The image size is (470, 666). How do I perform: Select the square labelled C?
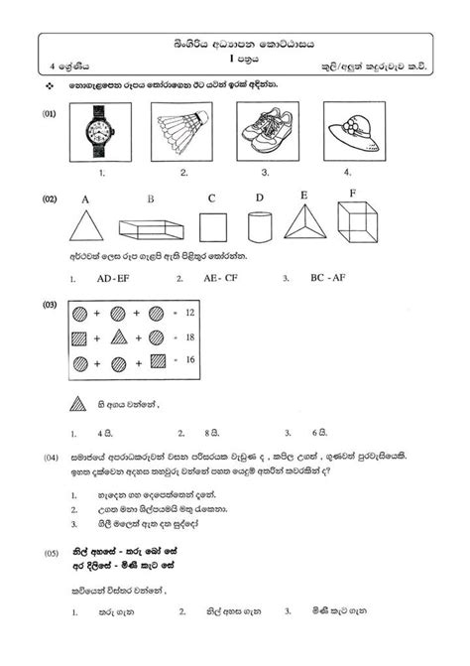(212, 226)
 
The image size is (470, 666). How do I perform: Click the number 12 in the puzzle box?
(190, 313)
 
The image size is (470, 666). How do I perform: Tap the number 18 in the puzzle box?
(190, 337)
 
